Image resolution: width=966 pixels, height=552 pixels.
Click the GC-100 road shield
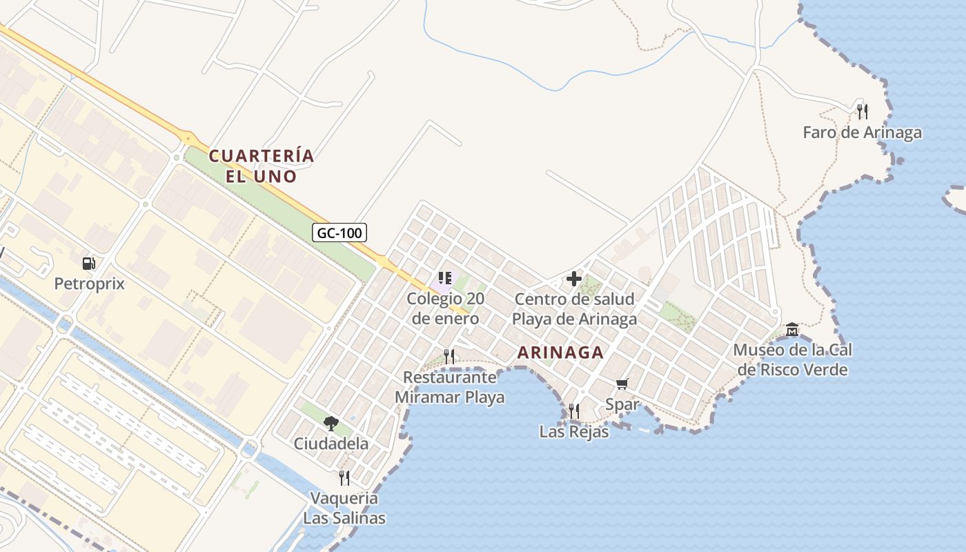coord(339,233)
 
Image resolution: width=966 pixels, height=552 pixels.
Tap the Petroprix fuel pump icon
coord(88,263)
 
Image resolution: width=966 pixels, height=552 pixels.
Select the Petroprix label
coord(90,283)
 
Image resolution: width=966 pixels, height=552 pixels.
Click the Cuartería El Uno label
coord(262,166)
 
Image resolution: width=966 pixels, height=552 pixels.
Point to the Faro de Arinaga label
coord(862,132)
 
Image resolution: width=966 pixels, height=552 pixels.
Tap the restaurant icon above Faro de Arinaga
coord(862,111)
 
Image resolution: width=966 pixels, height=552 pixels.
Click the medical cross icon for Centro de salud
coord(573,279)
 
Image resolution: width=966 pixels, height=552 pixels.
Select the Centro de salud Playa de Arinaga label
coord(574,309)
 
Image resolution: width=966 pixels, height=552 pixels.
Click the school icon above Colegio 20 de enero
coord(445,278)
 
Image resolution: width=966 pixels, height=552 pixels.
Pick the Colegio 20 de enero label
coord(445,308)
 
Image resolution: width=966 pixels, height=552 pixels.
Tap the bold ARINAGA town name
coord(560,353)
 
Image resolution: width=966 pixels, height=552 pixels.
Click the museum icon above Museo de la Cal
coord(792,330)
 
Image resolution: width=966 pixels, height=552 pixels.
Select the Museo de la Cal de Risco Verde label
coord(792,359)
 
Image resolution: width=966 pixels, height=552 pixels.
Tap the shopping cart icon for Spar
coord(622,384)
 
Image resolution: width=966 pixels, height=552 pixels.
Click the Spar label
coord(622,404)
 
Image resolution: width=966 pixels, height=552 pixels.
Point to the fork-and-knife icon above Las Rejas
coord(574,411)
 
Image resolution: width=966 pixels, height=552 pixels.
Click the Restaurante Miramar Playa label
coord(449,387)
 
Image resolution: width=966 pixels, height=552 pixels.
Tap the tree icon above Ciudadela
coord(331,423)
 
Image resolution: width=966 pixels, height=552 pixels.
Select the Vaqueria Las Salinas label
coord(344,508)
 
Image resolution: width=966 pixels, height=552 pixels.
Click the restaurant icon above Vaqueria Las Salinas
coord(344,477)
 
